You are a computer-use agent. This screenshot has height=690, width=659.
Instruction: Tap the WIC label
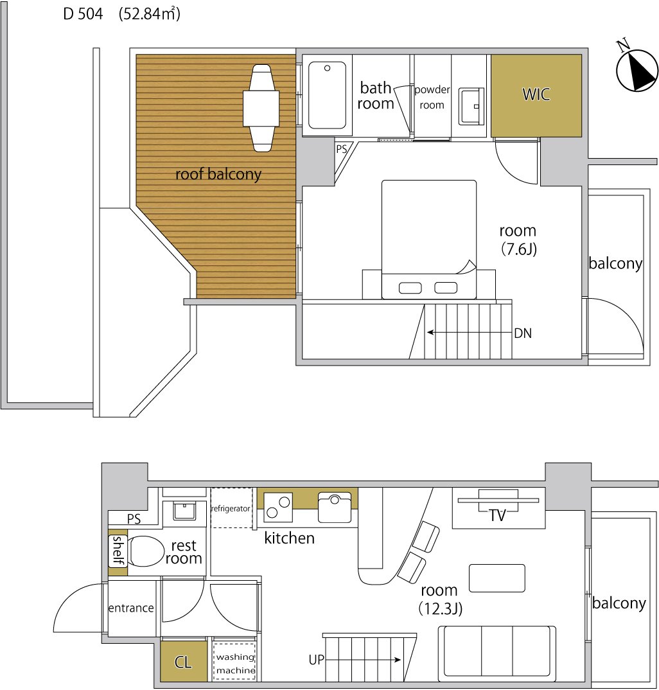click(536, 94)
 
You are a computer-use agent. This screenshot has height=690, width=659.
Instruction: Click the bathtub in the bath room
click(327, 95)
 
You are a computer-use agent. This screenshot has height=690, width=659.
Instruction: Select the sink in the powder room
click(471, 106)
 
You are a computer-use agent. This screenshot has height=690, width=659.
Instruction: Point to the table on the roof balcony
click(261, 108)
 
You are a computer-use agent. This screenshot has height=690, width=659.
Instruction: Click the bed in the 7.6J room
click(429, 240)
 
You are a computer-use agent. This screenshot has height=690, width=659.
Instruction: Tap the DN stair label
click(523, 333)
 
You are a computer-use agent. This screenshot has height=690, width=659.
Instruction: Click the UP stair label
click(316, 660)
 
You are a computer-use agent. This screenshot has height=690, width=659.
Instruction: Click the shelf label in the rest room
click(118, 550)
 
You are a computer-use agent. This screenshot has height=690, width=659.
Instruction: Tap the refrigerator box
click(231, 508)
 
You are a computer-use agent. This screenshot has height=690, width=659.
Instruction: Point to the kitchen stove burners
click(277, 507)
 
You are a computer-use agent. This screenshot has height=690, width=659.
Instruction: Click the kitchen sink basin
click(335, 508)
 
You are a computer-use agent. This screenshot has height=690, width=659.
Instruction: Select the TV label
click(498, 515)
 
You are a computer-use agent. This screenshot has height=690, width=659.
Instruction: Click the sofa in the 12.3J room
click(496, 651)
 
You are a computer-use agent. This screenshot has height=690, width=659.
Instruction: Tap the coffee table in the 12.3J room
click(497, 578)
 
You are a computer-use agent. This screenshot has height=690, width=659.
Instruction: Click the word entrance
click(131, 608)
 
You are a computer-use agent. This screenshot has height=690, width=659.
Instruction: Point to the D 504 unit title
click(83, 14)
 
